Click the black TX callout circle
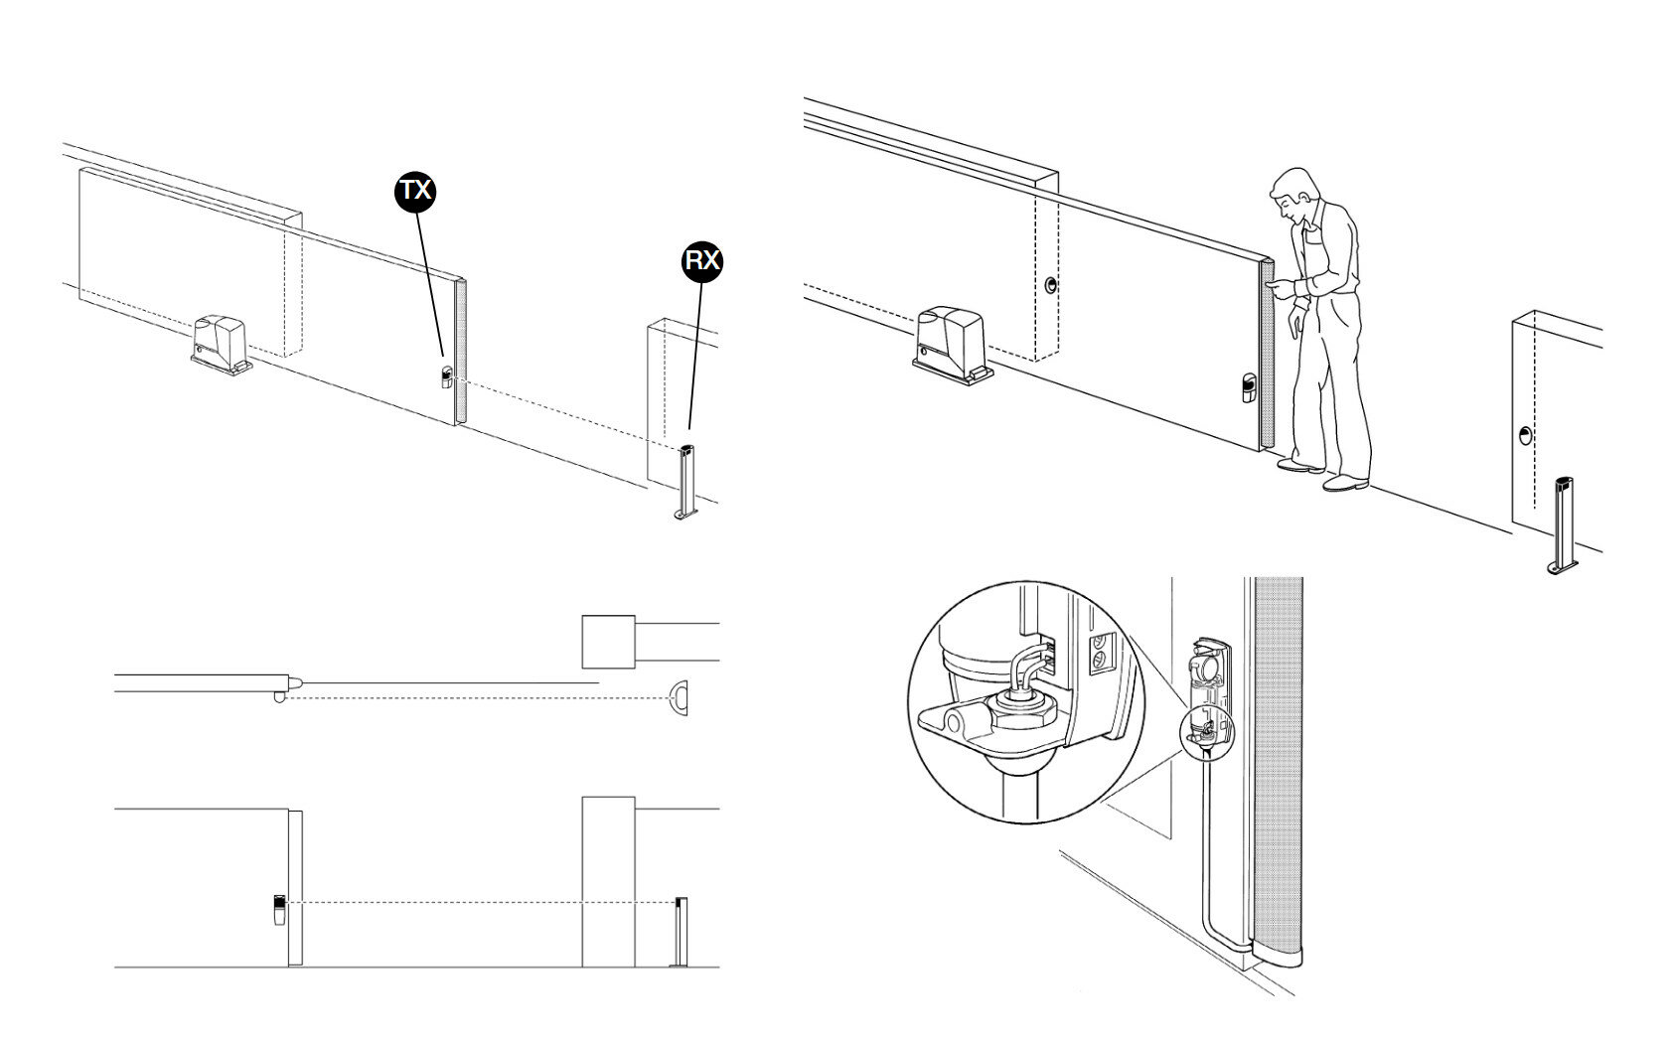(415, 190)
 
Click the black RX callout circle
(702, 260)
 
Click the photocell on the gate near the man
(1247, 387)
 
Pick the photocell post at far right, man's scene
(1563, 526)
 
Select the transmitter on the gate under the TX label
(446, 376)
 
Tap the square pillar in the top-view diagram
(607, 642)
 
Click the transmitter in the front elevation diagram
(279, 909)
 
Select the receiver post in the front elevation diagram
(681, 931)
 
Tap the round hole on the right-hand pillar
(1525, 435)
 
